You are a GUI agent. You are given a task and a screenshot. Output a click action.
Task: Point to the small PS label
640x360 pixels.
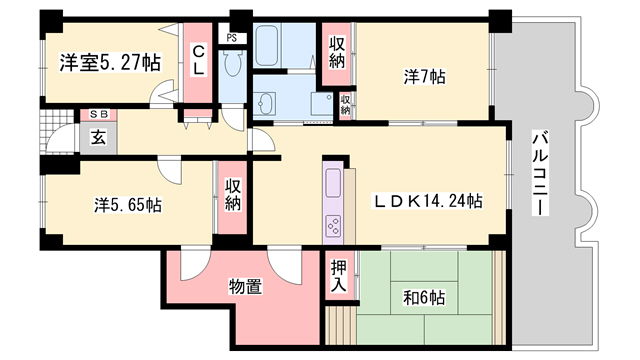click(232, 38)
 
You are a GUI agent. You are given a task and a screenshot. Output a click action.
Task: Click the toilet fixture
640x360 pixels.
click(234, 66)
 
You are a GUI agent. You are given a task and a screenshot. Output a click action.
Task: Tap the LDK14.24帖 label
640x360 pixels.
click(428, 201)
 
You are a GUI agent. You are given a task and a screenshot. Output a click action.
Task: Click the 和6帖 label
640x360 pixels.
click(425, 297)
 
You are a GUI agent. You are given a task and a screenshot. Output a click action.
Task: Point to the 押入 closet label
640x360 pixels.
click(339, 275)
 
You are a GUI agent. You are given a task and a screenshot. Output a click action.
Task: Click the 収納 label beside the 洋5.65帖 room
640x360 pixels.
click(232, 195)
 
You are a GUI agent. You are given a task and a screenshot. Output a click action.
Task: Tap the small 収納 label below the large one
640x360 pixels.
click(344, 103)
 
